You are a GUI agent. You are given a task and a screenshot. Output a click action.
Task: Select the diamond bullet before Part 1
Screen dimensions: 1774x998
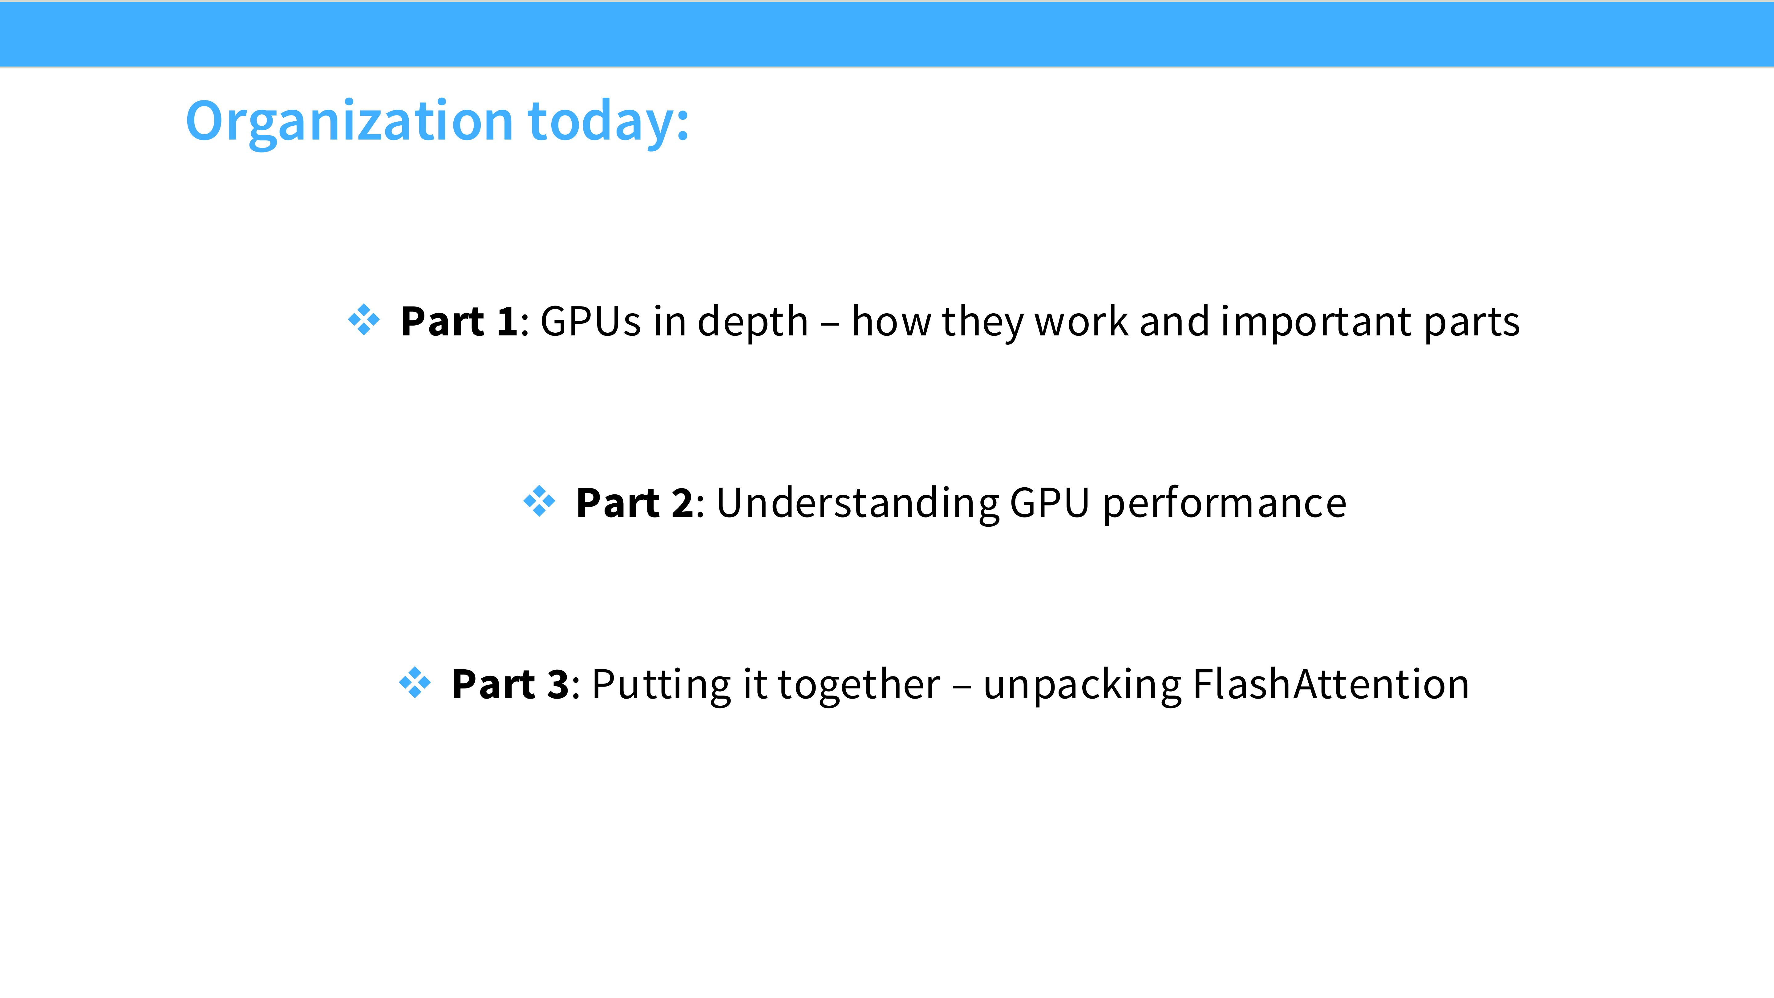coord(364,320)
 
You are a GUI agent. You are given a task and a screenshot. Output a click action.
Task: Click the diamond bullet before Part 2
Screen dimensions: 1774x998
coord(539,501)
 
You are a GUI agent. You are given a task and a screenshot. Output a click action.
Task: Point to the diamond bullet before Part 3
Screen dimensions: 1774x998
coord(415,683)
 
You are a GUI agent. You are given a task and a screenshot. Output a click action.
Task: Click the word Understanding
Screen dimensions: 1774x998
coord(857,504)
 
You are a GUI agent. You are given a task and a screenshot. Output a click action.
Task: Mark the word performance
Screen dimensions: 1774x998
coord(1225,504)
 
